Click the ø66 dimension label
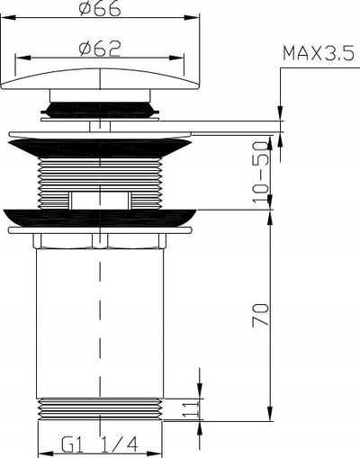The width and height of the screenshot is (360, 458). pyautogui.click(x=100, y=8)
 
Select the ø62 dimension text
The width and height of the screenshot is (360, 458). pyautogui.click(x=100, y=49)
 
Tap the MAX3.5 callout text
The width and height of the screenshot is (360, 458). pyautogui.click(x=319, y=53)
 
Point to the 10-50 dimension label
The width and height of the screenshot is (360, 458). pyautogui.click(x=260, y=172)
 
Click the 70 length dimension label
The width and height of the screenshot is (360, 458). pyautogui.click(x=260, y=314)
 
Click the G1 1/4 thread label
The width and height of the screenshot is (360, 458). pyautogui.click(x=100, y=445)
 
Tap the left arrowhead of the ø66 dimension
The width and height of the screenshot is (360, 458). pyautogui.click(x=8, y=17)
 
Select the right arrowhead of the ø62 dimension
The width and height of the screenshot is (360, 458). pyautogui.click(x=176, y=58)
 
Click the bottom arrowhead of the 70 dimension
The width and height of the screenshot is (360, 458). pyautogui.click(x=270, y=414)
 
